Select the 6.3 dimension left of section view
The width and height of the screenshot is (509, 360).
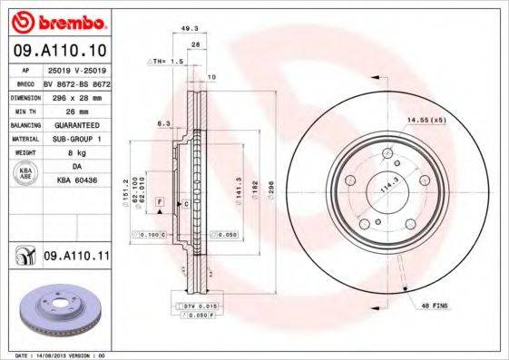click(164, 122)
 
